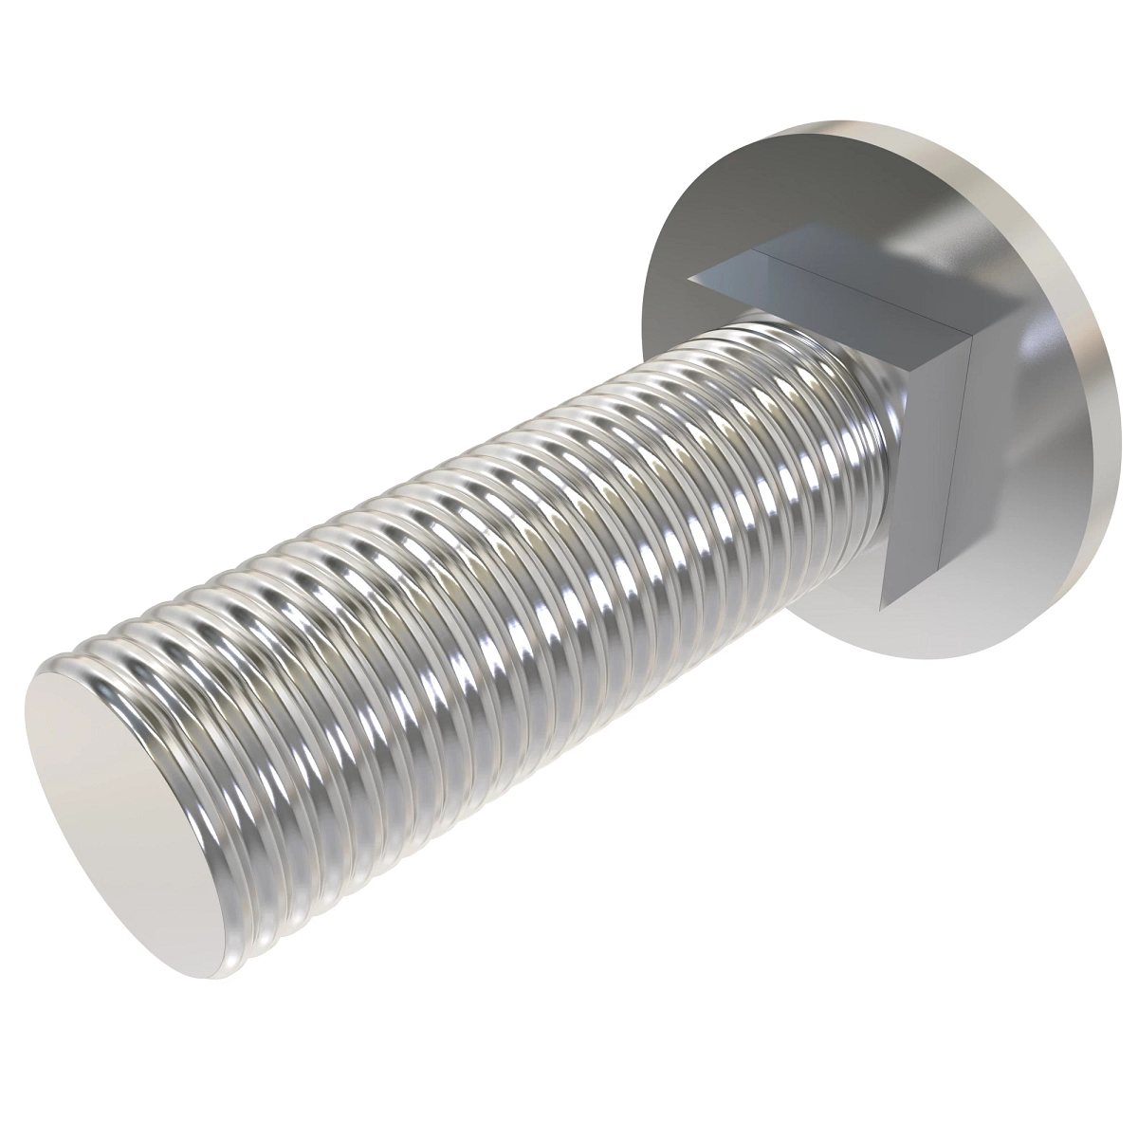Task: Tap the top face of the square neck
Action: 835,284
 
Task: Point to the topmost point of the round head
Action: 835,120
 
